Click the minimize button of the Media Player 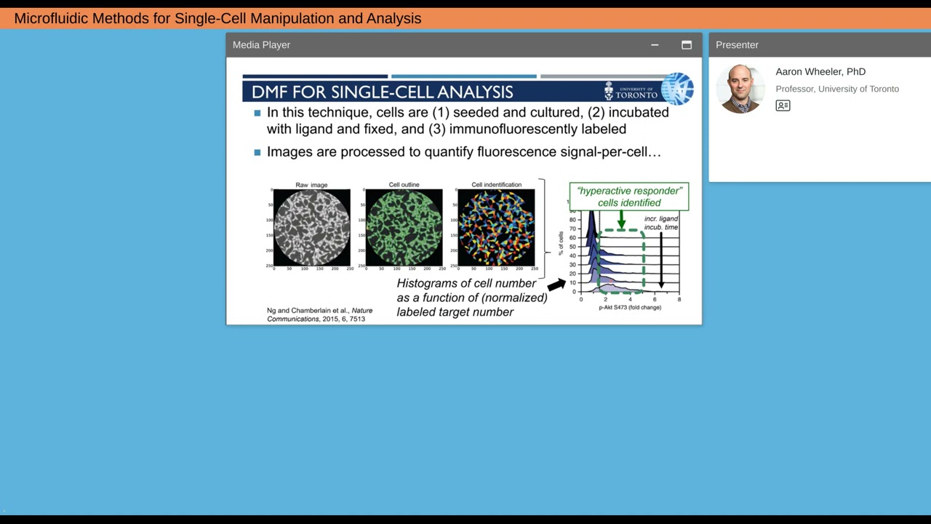[655, 45]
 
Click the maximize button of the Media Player [686, 45]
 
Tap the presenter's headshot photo [740, 89]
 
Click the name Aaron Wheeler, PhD [820, 71]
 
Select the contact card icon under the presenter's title [783, 106]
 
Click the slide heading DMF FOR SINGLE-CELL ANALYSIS [382, 92]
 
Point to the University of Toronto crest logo [610, 91]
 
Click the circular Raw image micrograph [311, 227]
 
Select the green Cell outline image [404, 227]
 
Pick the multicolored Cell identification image [496, 227]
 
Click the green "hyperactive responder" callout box [628, 196]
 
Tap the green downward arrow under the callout [621, 220]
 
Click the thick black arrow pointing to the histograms [556, 285]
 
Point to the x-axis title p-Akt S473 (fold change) [630, 307]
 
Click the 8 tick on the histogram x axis [679, 299]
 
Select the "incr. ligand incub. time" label [660, 223]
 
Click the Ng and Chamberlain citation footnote [319, 314]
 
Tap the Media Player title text [261, 45]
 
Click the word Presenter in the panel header [737, 45]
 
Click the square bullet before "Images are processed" [257, 152]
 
